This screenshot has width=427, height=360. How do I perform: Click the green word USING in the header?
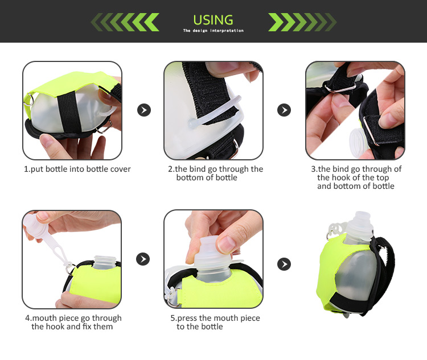pos(213,20)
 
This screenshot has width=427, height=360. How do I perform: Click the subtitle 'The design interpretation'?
pos(213,31)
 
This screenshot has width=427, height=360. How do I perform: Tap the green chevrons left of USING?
pos(125,22)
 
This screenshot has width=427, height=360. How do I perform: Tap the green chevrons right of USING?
pos(302,22)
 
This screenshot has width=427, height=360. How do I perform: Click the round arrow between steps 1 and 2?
pos(144,110)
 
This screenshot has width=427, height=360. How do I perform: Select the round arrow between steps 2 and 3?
pos(284,110)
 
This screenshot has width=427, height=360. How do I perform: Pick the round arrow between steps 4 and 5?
pos(143,259)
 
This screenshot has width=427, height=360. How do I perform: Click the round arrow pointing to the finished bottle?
pos(284,264)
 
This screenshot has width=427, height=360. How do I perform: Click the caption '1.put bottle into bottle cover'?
pos(77,169)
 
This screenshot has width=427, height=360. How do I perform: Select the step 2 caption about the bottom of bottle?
pos(215,173)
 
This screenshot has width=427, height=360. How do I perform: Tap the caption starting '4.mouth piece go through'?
pos(72,322)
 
